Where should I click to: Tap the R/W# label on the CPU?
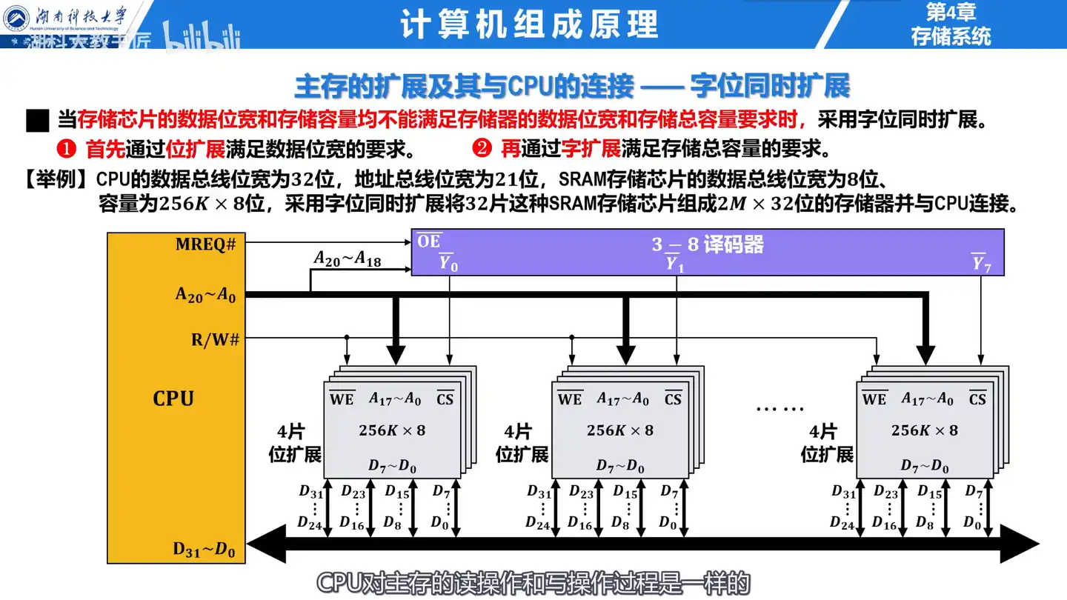tap(213, 340)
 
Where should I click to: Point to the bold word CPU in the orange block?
tap(173, 399)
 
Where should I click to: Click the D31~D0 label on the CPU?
tap(204, 549)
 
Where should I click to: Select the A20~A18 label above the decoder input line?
tap(348, 259)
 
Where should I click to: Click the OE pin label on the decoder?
tap(428, 241)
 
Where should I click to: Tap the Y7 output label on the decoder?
tap(982, 263)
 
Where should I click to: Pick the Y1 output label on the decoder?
tap(674, 263)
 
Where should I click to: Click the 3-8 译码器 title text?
tap(708, 244)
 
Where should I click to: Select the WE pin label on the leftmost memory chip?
tap(342, 399)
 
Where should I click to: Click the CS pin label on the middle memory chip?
tap(673, 399)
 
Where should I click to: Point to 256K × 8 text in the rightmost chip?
tap(924, 430)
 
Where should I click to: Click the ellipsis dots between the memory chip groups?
tap(780, 407)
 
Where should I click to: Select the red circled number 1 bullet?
tap(67, 149)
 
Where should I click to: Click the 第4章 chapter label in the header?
tap(951, 12)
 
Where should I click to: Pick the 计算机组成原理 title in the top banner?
tap(529, 24)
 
